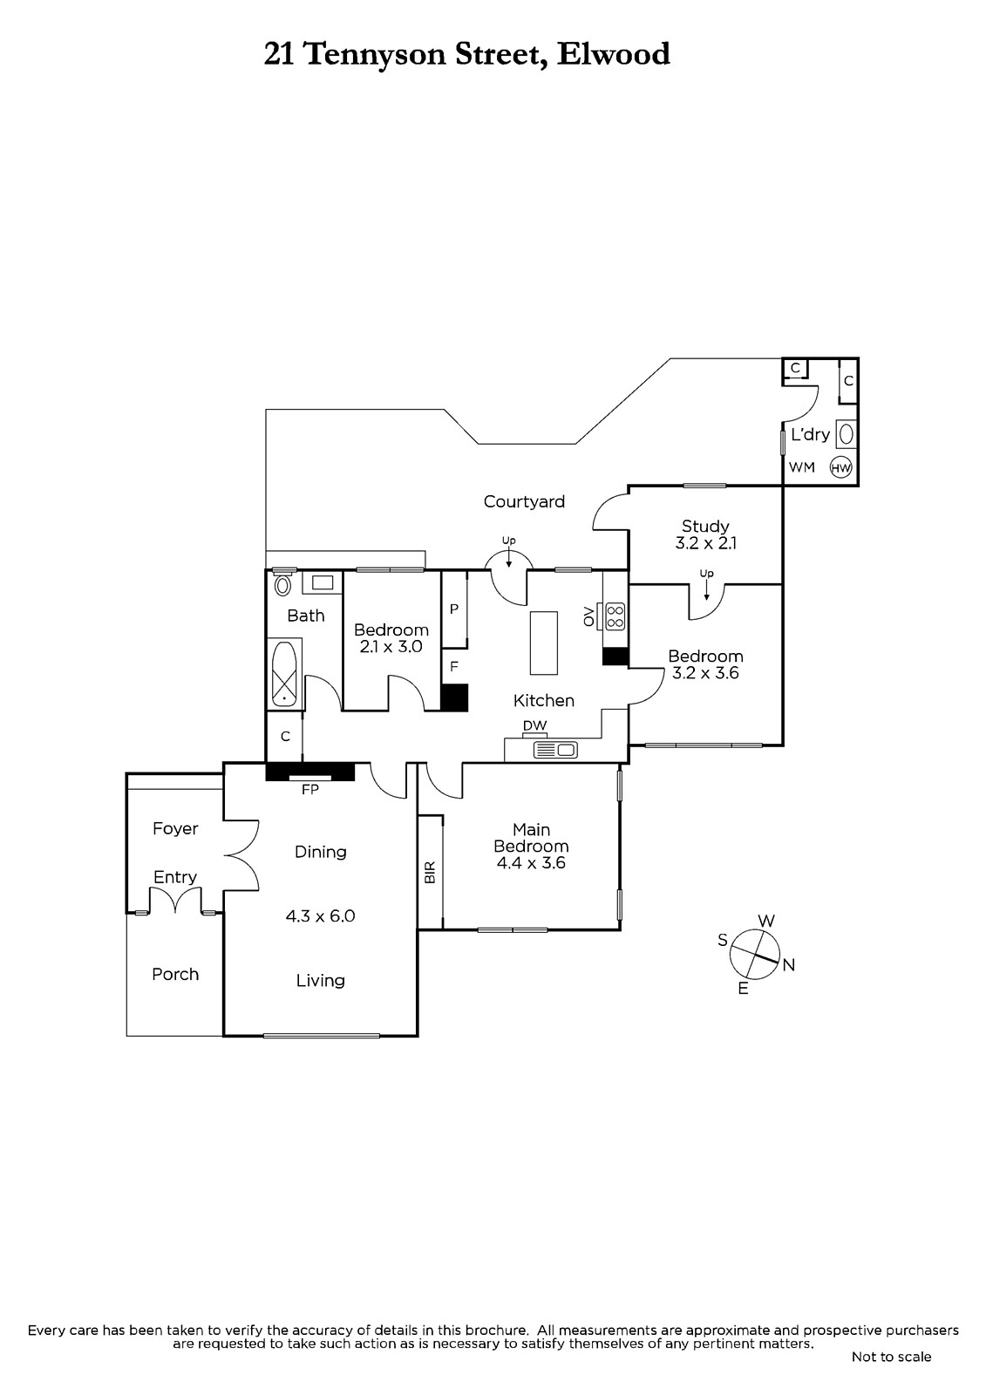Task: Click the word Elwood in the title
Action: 613,54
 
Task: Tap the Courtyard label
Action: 524,502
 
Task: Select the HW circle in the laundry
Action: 841,467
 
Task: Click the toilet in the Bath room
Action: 282,585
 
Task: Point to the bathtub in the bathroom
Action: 285,673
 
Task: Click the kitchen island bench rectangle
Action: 544,643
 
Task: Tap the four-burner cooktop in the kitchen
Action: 615,616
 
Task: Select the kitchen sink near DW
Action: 555,750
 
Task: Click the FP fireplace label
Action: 310,790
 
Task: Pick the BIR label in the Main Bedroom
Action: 430,872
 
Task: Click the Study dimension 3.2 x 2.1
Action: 705,543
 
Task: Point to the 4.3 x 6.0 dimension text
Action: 320,916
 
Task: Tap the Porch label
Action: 175,974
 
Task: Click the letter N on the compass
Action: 789,964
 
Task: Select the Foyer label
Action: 175,829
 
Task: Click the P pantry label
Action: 454,609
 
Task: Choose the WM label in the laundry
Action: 802,467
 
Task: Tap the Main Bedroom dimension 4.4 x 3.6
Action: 531,863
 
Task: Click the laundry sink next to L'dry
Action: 846,433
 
